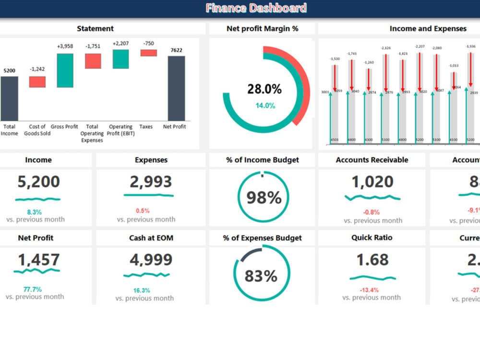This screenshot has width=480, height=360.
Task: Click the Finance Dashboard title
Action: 256,8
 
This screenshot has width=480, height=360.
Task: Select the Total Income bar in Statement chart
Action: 9,98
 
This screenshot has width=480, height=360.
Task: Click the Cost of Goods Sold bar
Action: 37,82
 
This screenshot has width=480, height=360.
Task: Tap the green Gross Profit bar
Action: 65,71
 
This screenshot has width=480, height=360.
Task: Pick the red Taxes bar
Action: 149,53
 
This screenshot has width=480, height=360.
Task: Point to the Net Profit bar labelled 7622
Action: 176,88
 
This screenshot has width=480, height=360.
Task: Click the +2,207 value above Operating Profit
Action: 120,44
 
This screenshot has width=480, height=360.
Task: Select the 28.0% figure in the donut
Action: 264,89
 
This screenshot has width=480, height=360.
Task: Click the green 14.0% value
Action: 264,106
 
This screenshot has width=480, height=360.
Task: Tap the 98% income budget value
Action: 263,198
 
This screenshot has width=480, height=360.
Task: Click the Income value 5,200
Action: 38,181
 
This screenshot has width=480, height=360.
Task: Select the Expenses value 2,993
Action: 150,181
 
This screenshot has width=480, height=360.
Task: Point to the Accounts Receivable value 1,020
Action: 372,182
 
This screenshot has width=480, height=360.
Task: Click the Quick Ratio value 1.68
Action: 372,260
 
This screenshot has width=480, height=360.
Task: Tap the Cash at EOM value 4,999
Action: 150,260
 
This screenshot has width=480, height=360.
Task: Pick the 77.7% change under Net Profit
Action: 33,289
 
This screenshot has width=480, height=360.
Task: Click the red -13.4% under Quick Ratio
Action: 369,290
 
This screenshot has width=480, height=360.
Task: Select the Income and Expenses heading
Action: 428,29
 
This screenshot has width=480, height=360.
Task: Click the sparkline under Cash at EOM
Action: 147,275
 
